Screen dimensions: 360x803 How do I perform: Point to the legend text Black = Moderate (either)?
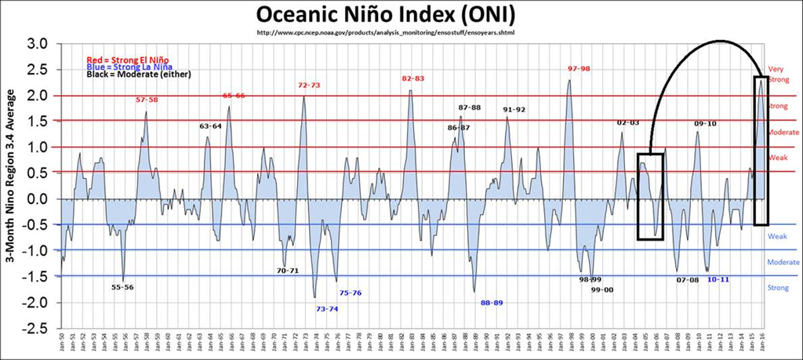132,75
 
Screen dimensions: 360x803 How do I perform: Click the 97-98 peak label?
579,69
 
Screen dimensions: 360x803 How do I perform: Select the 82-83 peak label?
412,78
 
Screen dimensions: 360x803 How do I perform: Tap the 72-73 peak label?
309,85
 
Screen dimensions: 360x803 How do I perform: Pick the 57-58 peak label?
147,100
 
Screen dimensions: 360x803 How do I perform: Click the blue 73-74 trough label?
326,309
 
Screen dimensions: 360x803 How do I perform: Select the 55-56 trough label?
122,287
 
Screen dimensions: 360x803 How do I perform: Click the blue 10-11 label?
718,279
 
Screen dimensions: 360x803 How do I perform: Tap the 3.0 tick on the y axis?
39,43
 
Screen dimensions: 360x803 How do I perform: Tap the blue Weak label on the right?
776,236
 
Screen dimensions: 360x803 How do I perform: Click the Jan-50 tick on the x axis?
63,344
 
